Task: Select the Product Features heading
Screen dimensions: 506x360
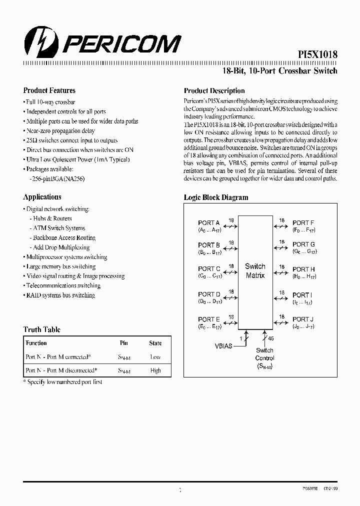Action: click(x=49, y=90)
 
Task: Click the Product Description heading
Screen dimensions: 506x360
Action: click(x=214, y=91)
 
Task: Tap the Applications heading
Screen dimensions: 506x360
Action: click(x=42, y=197)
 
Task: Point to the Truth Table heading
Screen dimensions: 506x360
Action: click(x=42, y=329)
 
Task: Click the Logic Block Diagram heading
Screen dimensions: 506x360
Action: click(x=216, y=197)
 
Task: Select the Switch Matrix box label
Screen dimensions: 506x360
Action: click(x=255, y=271)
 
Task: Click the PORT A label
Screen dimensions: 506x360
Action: click(x=208, y=223)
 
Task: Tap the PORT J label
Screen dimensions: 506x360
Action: click(x=303, y=319)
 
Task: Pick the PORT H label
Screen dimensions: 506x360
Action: click(x=303, y=269)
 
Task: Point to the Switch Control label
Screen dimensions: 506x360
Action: click(x=264, y=354)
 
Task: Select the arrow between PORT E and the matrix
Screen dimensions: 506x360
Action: click(x=230, y=323)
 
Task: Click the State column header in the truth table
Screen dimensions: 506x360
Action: click(x=155, y=343)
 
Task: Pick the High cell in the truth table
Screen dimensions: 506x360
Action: click(x=155, y=370)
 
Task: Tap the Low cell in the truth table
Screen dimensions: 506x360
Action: click(x=155, y=357)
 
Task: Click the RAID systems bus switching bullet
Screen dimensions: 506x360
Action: click(x=60, y=295)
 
